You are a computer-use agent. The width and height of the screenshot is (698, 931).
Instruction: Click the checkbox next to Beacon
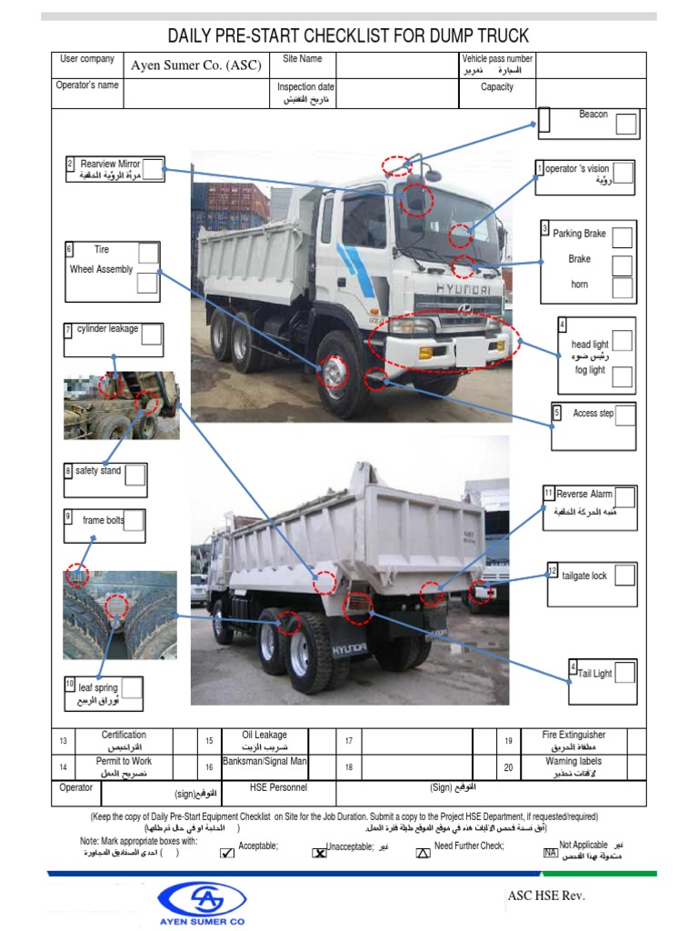click(626, 124)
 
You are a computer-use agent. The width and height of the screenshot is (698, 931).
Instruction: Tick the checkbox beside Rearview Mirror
click(154, 168)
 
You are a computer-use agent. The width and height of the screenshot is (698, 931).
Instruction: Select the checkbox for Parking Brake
click(622, 237)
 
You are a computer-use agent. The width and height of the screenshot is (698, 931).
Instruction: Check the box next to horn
click(622, 288)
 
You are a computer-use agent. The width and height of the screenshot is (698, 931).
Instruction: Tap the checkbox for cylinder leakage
click(152, 335)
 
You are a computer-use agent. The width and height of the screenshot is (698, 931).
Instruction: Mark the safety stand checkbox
click(135, 476)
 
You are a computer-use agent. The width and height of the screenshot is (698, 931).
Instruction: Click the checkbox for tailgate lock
click(624, 576)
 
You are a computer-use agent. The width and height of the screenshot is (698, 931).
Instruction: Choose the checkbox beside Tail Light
click(624, 674)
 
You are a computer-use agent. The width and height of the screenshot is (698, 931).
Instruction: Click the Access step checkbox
click(624, 415)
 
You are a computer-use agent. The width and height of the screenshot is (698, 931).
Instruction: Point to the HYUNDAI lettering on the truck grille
click(461, 289)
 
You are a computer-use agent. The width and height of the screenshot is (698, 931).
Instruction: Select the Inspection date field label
click(306, 87)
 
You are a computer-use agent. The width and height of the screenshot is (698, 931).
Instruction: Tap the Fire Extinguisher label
click(573, 735)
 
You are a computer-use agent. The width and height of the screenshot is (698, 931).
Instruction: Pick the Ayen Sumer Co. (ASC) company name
click(195, 65)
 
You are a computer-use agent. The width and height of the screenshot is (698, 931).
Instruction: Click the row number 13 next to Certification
click(63, 741)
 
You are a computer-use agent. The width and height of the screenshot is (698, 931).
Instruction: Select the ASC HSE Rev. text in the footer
click(547, 896)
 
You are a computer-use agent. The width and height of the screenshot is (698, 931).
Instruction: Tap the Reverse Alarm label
click(584, 494)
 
